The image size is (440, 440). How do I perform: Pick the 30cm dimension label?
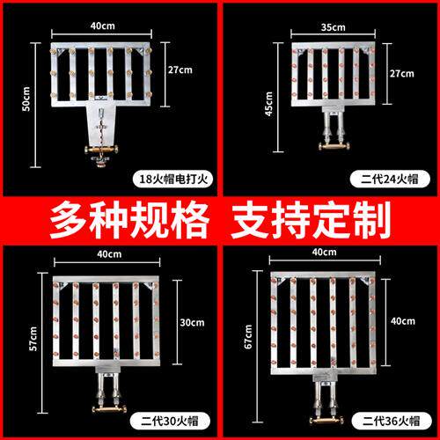(x=191, y=323)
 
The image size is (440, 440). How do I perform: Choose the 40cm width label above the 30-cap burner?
(x=108, y=254)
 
